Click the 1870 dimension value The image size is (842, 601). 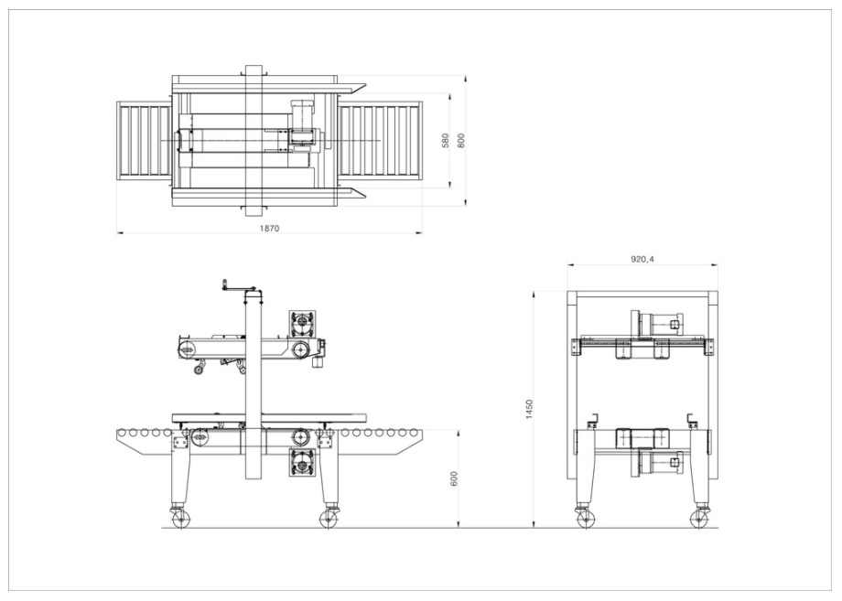click(270, 228)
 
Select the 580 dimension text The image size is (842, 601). click(445, 141)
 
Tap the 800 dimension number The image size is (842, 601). click(461, 141)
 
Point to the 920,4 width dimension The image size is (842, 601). click(642, 259)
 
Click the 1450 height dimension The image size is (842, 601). click(529, 409)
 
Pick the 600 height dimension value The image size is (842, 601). click(454, 478)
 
